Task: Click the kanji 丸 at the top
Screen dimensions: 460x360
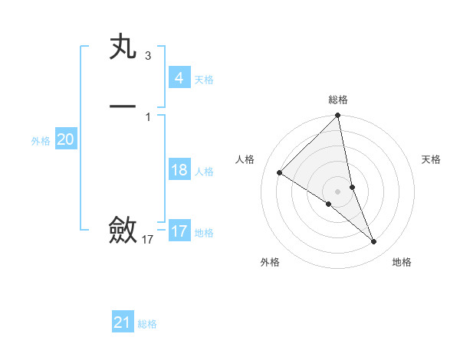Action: [123, 48]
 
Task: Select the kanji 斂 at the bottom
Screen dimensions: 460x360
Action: [123, 229]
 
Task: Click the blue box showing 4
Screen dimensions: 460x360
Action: [179, 78]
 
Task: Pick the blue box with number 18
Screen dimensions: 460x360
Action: [179, 170]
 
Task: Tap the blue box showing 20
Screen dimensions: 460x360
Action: [65, 139]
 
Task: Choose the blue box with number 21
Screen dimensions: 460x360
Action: [123, 322]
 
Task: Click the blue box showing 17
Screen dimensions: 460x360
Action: [179, 231]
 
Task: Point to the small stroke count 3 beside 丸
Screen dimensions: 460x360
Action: [147, 56]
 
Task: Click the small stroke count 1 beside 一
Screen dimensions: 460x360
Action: [147, 116]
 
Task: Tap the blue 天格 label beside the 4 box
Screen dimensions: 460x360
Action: [204, 80]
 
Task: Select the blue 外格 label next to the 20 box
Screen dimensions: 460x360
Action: [41, 141]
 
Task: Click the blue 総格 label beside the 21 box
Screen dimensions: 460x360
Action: [147, 324]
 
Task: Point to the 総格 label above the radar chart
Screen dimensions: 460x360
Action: [338, 100]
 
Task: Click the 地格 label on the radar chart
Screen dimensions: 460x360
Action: [402, 263]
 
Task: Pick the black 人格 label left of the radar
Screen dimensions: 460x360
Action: [245, 159]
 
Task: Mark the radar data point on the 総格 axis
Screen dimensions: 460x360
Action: [338, 116]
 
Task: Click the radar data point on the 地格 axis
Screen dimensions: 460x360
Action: [374, 242]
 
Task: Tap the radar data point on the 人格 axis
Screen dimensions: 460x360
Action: [280, 172]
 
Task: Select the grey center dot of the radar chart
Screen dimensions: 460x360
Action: [338, 191]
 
